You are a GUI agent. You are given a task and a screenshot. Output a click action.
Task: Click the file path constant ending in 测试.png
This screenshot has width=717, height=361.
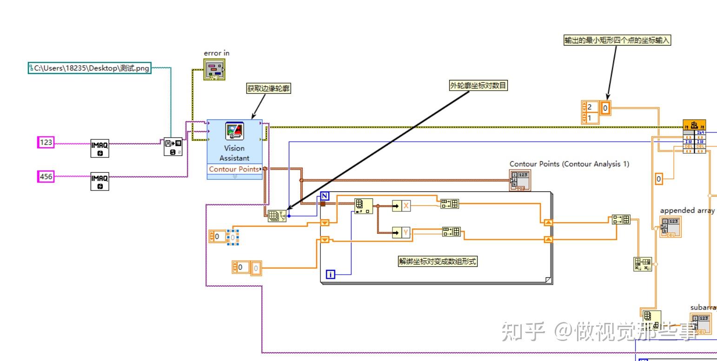(x=90, y=68)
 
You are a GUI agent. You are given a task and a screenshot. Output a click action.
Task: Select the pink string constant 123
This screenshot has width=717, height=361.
(x=46, y=143)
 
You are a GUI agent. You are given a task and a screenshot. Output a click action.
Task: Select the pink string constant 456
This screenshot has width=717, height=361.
(x=46, y=177)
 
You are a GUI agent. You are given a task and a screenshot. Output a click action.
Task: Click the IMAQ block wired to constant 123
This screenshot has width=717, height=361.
(x=100, y=148)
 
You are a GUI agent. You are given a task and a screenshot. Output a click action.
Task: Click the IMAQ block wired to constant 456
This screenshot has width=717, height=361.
(x=100, y=181)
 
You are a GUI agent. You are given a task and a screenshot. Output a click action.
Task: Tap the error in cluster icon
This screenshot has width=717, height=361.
(x=214, y=69)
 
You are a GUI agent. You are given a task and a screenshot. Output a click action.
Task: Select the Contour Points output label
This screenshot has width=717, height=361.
(x=233, y=169)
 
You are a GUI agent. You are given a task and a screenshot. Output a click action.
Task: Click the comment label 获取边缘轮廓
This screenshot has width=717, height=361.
(x=269, y=89)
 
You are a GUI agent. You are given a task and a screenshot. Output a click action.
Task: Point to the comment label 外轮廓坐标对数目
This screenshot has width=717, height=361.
(x=478, y=85)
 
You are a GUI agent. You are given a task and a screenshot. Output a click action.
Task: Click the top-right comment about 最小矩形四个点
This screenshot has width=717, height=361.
(x=617, y=40)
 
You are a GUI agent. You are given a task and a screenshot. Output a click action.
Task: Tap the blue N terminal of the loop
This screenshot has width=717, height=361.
(x=325, y=196)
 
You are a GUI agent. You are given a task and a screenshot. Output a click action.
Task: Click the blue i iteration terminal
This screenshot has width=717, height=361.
(x=331, y=275)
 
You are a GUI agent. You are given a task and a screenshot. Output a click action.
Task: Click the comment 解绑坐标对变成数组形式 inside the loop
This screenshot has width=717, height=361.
(x=438, y=261)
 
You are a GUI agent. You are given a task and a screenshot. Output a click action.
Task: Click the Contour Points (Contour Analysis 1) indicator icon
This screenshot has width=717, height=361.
(x=519, y=180)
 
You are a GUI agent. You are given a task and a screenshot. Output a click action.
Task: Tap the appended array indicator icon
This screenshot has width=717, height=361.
(x=670, y=227)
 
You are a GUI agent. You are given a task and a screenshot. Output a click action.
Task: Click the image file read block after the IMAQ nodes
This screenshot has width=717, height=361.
(x=173, y=146)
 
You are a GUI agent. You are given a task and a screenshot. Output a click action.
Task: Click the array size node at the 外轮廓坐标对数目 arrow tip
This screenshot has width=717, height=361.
(x=277, y=216)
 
